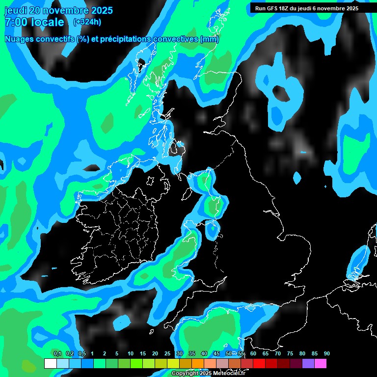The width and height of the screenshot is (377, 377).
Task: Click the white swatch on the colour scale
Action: [x=50, y=364]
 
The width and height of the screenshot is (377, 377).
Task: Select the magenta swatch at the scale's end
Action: [x=321, y=364]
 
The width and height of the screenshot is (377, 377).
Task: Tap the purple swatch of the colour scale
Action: [x=308, y=364]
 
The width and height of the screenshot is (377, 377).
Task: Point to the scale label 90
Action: [x=326, y=354]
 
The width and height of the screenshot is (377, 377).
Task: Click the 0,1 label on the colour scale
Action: [x=57, y=354]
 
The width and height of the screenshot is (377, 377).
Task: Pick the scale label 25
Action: [x=167, y=354]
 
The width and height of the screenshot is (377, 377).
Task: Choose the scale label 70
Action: [x=277, y=354]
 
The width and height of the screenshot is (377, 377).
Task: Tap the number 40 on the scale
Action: [x=204, y=354]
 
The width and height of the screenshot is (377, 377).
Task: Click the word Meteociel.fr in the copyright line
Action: [x=229, y=374]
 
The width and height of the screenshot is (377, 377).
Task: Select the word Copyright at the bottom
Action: [x=185, y=374]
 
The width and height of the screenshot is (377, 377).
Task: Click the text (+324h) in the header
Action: [x=87, y=22]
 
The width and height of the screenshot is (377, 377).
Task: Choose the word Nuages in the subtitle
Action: [x=18, y=39]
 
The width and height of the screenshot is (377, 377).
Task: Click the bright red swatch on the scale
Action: [x=259, y=364]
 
